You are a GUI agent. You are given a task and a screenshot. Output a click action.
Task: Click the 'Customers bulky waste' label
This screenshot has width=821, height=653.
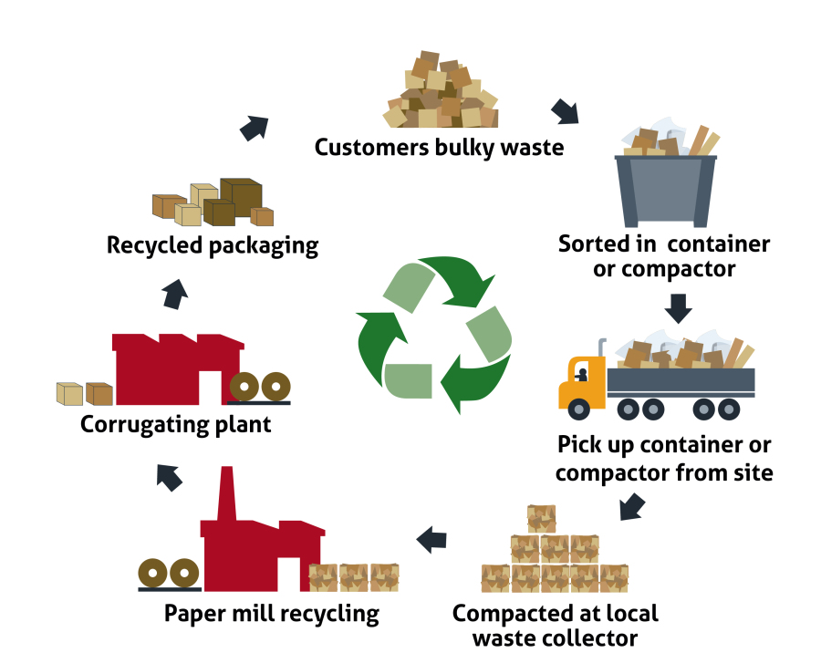[x=439, y=147]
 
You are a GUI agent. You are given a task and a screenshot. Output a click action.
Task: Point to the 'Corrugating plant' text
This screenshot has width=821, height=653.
[x=175, y=424]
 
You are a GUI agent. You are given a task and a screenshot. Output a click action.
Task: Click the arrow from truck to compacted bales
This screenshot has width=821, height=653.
[x=633, y=506]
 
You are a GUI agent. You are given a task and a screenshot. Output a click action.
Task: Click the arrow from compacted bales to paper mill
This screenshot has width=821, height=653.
[x=431, y=540]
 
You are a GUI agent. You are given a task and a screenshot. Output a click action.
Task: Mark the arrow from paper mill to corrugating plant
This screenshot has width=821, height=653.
[x=169, y=474]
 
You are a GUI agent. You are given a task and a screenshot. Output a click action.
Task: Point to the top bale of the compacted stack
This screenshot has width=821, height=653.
[x=541, y=518]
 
